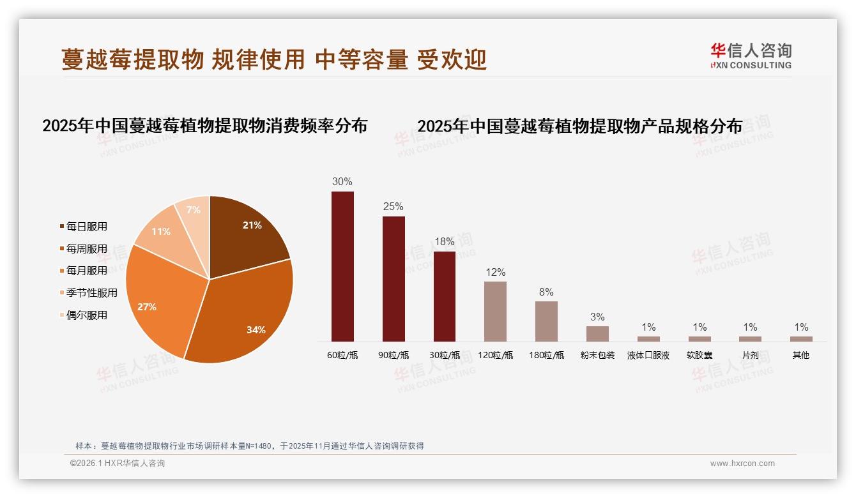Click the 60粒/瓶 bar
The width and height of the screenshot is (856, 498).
(x=342, y=266)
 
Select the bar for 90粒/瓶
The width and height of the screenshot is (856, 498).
(x=394, y=279)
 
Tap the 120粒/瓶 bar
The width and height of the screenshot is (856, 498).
(x=495, y=312)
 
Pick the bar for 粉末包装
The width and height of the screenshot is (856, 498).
(x=597, y=334)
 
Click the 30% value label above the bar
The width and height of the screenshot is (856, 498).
(x=342, y=181)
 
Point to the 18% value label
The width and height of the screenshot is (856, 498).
(x=445, y=242)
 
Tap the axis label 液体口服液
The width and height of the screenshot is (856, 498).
(x=648, y=355)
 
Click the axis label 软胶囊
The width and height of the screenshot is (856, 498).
(x=699, y=355)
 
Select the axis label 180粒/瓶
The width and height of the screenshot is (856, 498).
(x=547, y=355)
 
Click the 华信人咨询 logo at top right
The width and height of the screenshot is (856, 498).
(x=751, y=56)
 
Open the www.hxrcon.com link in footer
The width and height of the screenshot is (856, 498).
(x=742, y=464)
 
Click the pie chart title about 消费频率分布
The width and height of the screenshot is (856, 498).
(x=204, y=126)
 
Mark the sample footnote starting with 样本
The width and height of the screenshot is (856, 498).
(x=250, y=446)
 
